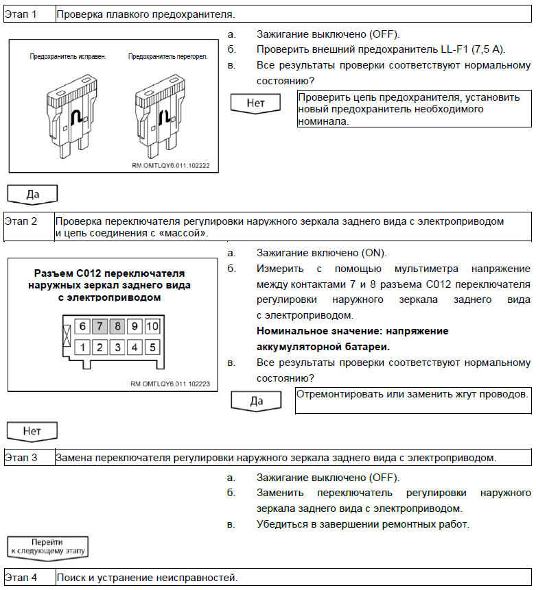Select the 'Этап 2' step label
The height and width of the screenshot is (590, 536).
[21, 221]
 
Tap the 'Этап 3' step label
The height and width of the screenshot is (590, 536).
[21, 457]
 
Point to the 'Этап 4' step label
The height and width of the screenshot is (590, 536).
[21, 578]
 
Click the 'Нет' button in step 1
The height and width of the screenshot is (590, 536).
[256, 103]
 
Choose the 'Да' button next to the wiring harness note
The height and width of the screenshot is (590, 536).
[256, 401]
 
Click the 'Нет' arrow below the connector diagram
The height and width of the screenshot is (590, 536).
[32, 432]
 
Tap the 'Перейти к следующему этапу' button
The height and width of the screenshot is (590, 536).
[47, 547]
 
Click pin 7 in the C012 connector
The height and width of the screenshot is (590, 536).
[100, 326]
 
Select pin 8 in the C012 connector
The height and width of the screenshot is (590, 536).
[117, 326]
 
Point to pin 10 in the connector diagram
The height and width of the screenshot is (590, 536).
[152, 326]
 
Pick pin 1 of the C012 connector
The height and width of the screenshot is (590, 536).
[82, 347]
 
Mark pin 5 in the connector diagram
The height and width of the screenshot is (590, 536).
[152, 347]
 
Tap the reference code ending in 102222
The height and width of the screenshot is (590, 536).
[171, 166]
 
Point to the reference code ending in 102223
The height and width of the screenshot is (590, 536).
[170, 384]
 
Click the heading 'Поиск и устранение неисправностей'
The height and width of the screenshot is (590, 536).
[147, 578]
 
